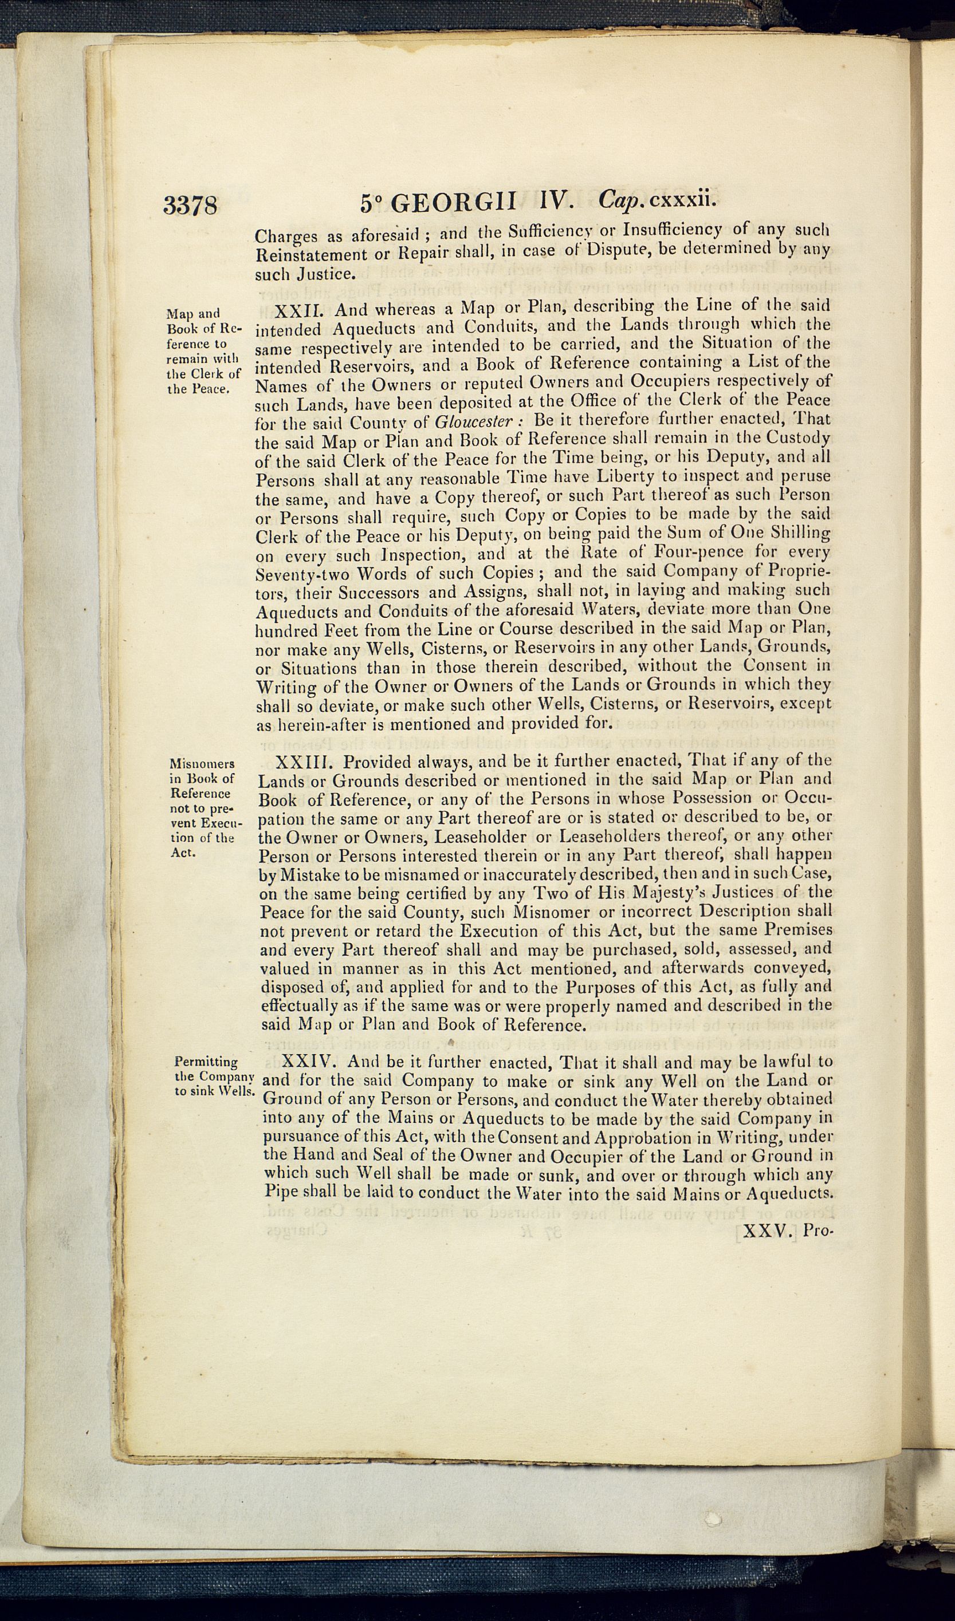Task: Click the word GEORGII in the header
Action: coord(454,203)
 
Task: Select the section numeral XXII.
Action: coord(298,311)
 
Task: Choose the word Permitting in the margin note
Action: coord(206,1062)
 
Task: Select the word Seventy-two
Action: coord(302,573)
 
